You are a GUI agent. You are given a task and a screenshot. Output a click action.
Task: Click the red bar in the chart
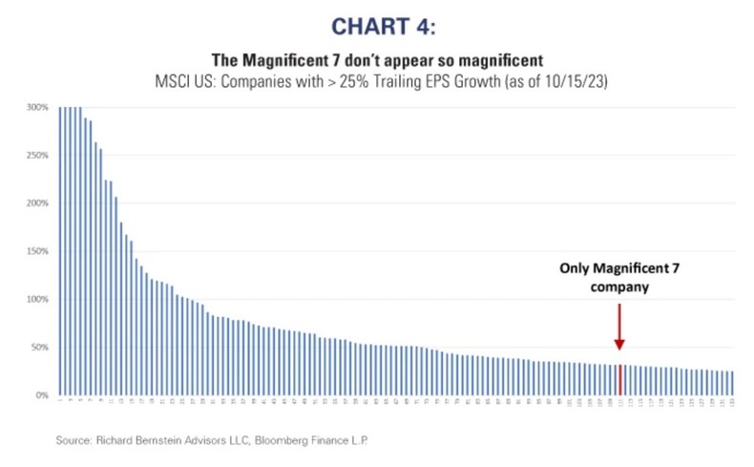620,379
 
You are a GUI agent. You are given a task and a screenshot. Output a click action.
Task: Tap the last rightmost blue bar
733,383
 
